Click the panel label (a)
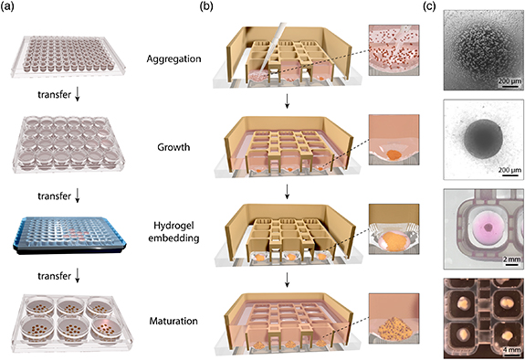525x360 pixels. point(17,9)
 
